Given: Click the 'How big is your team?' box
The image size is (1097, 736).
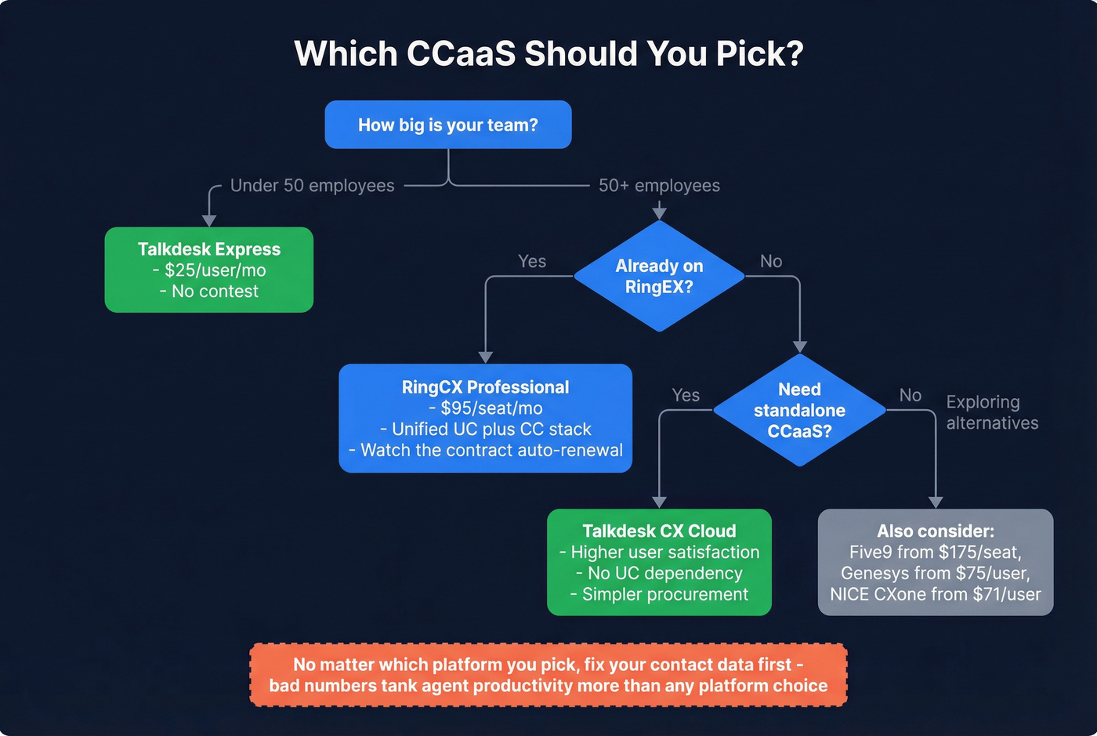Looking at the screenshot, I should (447, 125).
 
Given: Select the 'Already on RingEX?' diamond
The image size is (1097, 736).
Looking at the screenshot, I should (659, 276).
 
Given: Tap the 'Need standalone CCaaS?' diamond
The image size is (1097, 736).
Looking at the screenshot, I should (799, 410).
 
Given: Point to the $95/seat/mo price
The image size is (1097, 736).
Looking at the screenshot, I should (491, 408).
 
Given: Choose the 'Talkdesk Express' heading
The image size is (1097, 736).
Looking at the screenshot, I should (209, 249).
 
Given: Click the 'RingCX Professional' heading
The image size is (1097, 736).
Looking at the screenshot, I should (485, 387).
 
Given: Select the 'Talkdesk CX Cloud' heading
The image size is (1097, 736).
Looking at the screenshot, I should (659, 531).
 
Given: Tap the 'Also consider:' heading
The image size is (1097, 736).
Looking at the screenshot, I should (936, 531).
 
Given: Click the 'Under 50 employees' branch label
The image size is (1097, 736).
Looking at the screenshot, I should (312, 186).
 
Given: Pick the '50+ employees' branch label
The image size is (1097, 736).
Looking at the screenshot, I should (659, 186).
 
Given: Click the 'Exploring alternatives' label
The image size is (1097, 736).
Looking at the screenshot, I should (992, 412).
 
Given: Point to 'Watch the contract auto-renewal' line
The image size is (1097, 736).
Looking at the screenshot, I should (486, 451).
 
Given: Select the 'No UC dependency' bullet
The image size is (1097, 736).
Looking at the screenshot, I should (659, 574).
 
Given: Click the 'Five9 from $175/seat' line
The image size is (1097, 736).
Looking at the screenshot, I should (936, 553).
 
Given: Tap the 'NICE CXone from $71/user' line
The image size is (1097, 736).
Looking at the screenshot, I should (936, 595).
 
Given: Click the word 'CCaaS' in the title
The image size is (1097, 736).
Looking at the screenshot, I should (462, 54).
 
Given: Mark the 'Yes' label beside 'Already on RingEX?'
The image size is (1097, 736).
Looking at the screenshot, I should (532, 262).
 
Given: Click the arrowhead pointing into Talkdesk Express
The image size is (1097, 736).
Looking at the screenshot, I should (209, 219).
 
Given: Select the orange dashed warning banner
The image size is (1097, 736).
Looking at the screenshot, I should (548, 675).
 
